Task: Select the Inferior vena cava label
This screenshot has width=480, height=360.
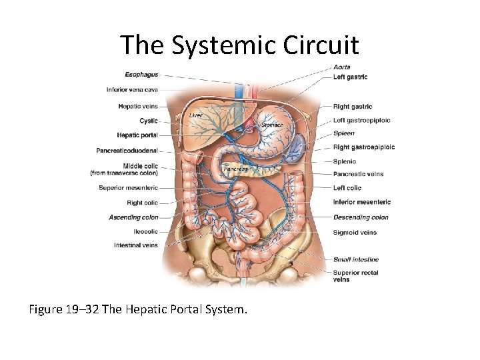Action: [132, 90]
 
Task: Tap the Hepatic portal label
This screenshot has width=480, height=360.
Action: [137, 135]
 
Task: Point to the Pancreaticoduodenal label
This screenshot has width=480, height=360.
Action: [127, 151]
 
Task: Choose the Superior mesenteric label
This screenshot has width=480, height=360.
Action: [128, 188]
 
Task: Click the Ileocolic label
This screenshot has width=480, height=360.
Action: [145, 231]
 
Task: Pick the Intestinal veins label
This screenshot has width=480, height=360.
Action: [136, 245]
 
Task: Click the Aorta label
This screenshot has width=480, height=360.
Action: [341, 67]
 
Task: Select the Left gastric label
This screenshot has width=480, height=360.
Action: [350, 77]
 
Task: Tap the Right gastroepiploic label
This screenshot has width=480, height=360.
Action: [364, 147]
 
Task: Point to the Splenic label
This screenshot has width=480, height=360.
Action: [345, 161]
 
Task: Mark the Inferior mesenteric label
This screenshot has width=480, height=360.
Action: [362, 202]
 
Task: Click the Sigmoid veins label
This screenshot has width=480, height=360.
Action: [355, 233]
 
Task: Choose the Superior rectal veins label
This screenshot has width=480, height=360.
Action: [355, 275]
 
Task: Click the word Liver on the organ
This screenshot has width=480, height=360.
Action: [195, 115]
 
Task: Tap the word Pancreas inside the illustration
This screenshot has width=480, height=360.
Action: [235, 169]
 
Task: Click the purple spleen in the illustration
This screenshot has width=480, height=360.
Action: [298, 146]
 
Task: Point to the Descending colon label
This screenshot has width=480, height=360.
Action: [361, 217]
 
